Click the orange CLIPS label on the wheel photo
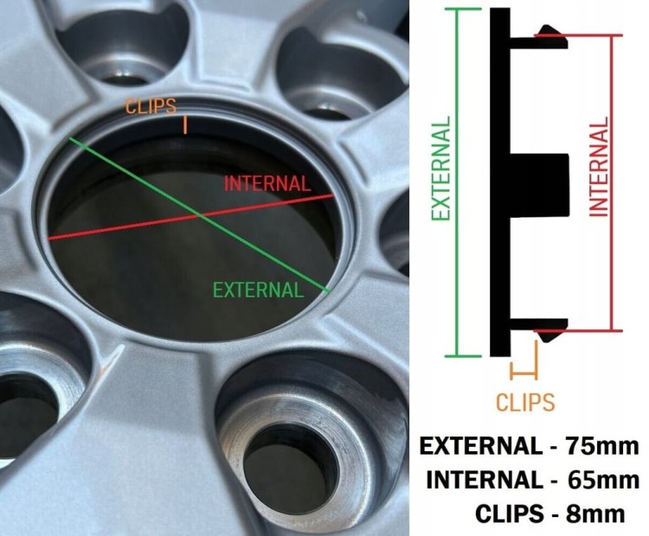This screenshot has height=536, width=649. pyautogui.click(x=151, y=106)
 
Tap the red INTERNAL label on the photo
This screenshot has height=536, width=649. pyautogui.click(x=267, y=183)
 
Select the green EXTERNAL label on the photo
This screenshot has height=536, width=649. pyautogui.click(x=258, y=290)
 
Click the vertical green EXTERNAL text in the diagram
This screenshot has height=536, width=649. pyautogui.click(x=440, y=168)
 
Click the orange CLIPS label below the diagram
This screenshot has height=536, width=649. pyautogui.click(x=525, y=402)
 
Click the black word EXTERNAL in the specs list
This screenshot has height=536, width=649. pyautogui.click(x=481, y=446)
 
